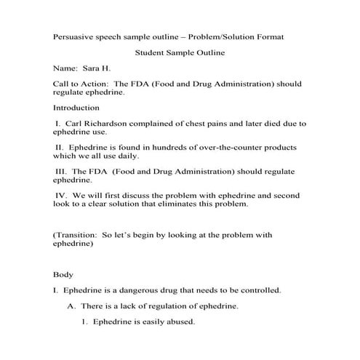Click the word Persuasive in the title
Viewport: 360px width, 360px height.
74,36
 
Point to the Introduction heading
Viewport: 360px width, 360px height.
78,107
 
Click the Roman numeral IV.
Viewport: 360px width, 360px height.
61,196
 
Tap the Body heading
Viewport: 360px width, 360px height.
63,275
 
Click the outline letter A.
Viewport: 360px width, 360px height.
71,306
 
